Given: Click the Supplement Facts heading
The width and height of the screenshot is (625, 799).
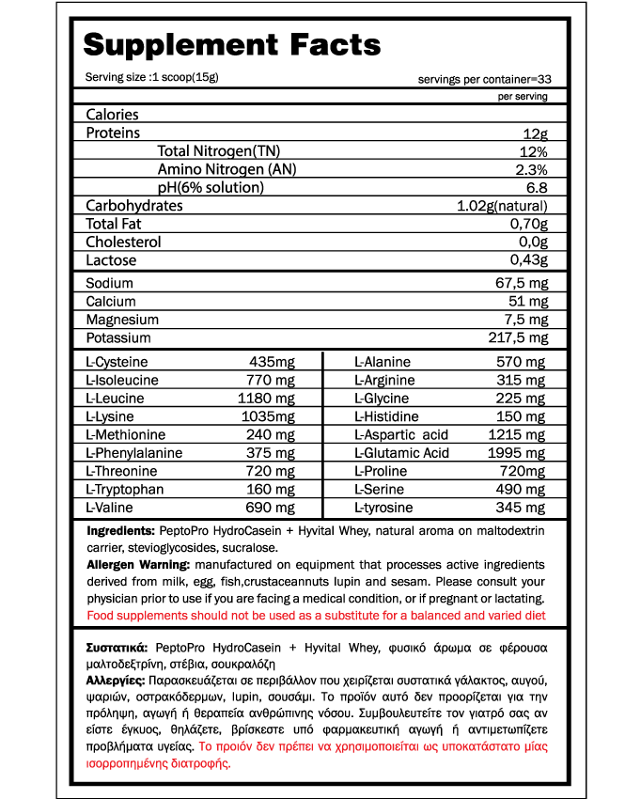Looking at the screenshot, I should click(232, 44).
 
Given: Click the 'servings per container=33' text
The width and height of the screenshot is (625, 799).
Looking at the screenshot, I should click(483, 79).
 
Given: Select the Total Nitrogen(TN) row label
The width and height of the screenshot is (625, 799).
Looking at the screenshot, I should click(219, 151).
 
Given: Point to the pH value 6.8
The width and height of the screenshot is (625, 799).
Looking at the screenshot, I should click(537, 187).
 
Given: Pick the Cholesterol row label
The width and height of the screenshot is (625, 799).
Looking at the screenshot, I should click(123, 242).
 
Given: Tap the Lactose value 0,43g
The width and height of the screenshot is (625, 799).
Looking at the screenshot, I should click(528, 260).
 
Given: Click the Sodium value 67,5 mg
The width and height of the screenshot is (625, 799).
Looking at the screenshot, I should click(522, 283).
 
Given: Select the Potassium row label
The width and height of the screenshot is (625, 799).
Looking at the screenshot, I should click(118, 337).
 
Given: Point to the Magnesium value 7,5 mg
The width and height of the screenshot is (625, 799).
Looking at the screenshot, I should click(524, 320).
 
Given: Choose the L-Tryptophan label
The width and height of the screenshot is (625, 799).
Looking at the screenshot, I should click(124, 489).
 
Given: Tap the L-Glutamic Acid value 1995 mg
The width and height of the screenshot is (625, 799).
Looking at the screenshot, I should click(516, 453).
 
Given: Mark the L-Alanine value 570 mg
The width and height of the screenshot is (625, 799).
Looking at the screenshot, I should click(522, 362).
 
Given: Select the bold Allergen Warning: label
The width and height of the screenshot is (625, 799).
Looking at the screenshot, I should click(138, 564).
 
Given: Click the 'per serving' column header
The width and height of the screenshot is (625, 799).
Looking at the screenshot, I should click(523, 97).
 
